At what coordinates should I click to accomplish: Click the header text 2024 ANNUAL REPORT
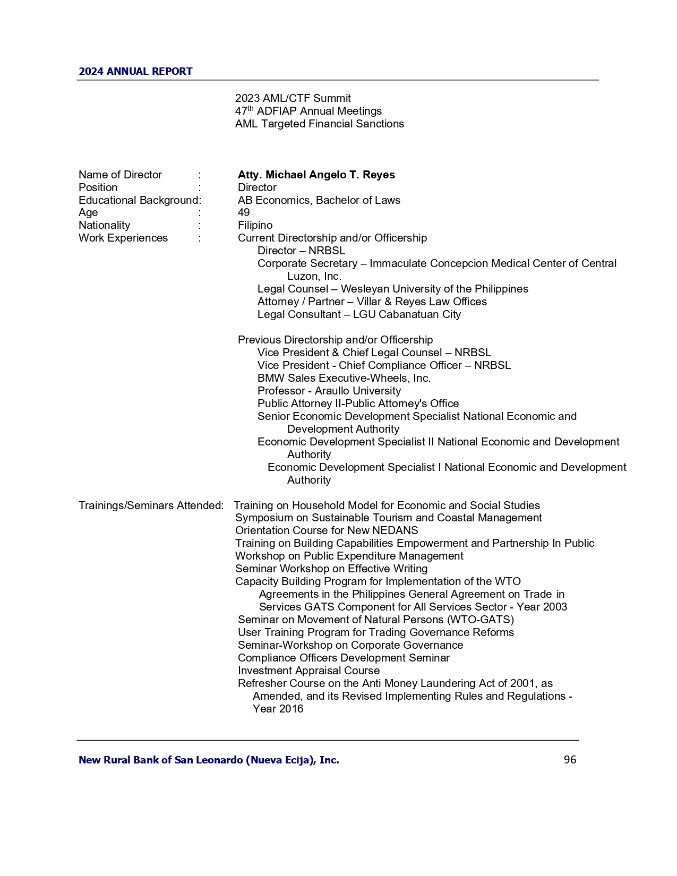click(x=135, y=72)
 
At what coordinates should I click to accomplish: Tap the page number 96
click(x=570, y=760)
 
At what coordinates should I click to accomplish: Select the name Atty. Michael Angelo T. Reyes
click(x=316, y=175)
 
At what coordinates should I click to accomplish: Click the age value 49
click(x=244, y=212)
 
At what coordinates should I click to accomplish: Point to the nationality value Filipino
click(x=255, y=225)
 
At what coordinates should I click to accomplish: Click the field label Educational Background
click(x=138, y=200)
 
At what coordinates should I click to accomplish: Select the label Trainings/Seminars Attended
click(x=150, y=505)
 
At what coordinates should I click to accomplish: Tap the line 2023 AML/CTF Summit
click(x=293, y=98)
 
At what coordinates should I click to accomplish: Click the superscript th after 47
click(x=251, y=109)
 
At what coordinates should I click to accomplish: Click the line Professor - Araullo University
click(x=329, y=391)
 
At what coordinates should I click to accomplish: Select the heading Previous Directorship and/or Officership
click(x=335, y=340)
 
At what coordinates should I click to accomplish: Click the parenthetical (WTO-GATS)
click(x=481, y=620)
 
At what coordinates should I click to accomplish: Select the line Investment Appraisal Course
click(x=308, y=671)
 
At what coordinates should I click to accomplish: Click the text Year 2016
click(x=278, y=709)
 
